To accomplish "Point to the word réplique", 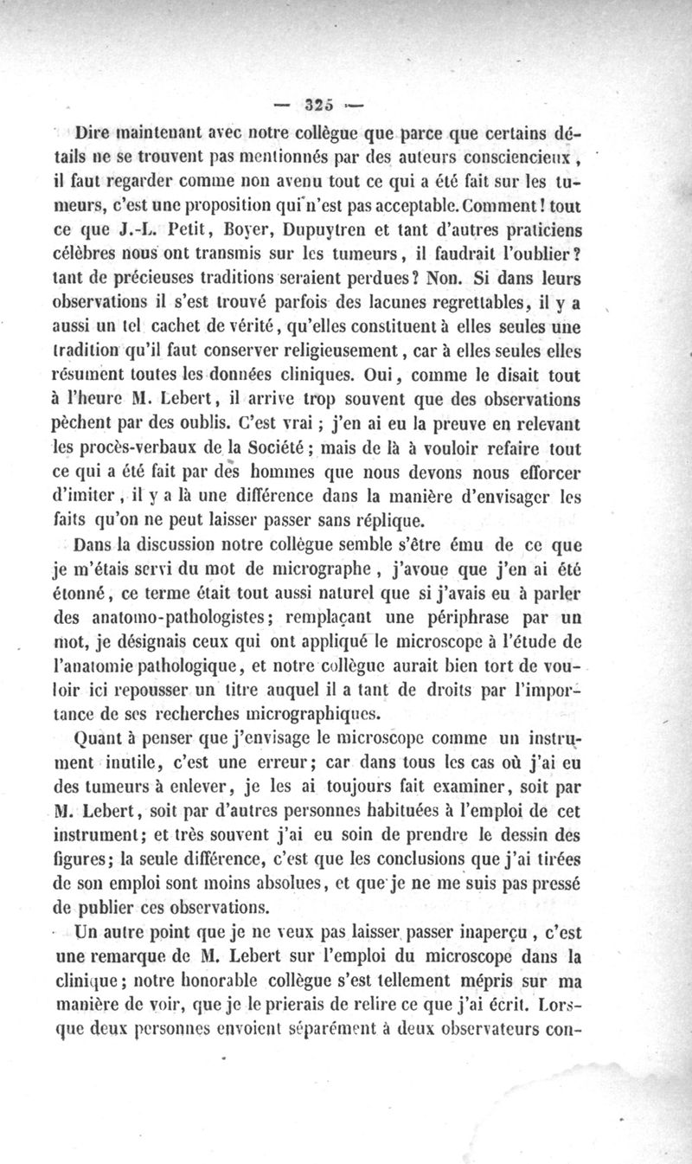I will [384, 521].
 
